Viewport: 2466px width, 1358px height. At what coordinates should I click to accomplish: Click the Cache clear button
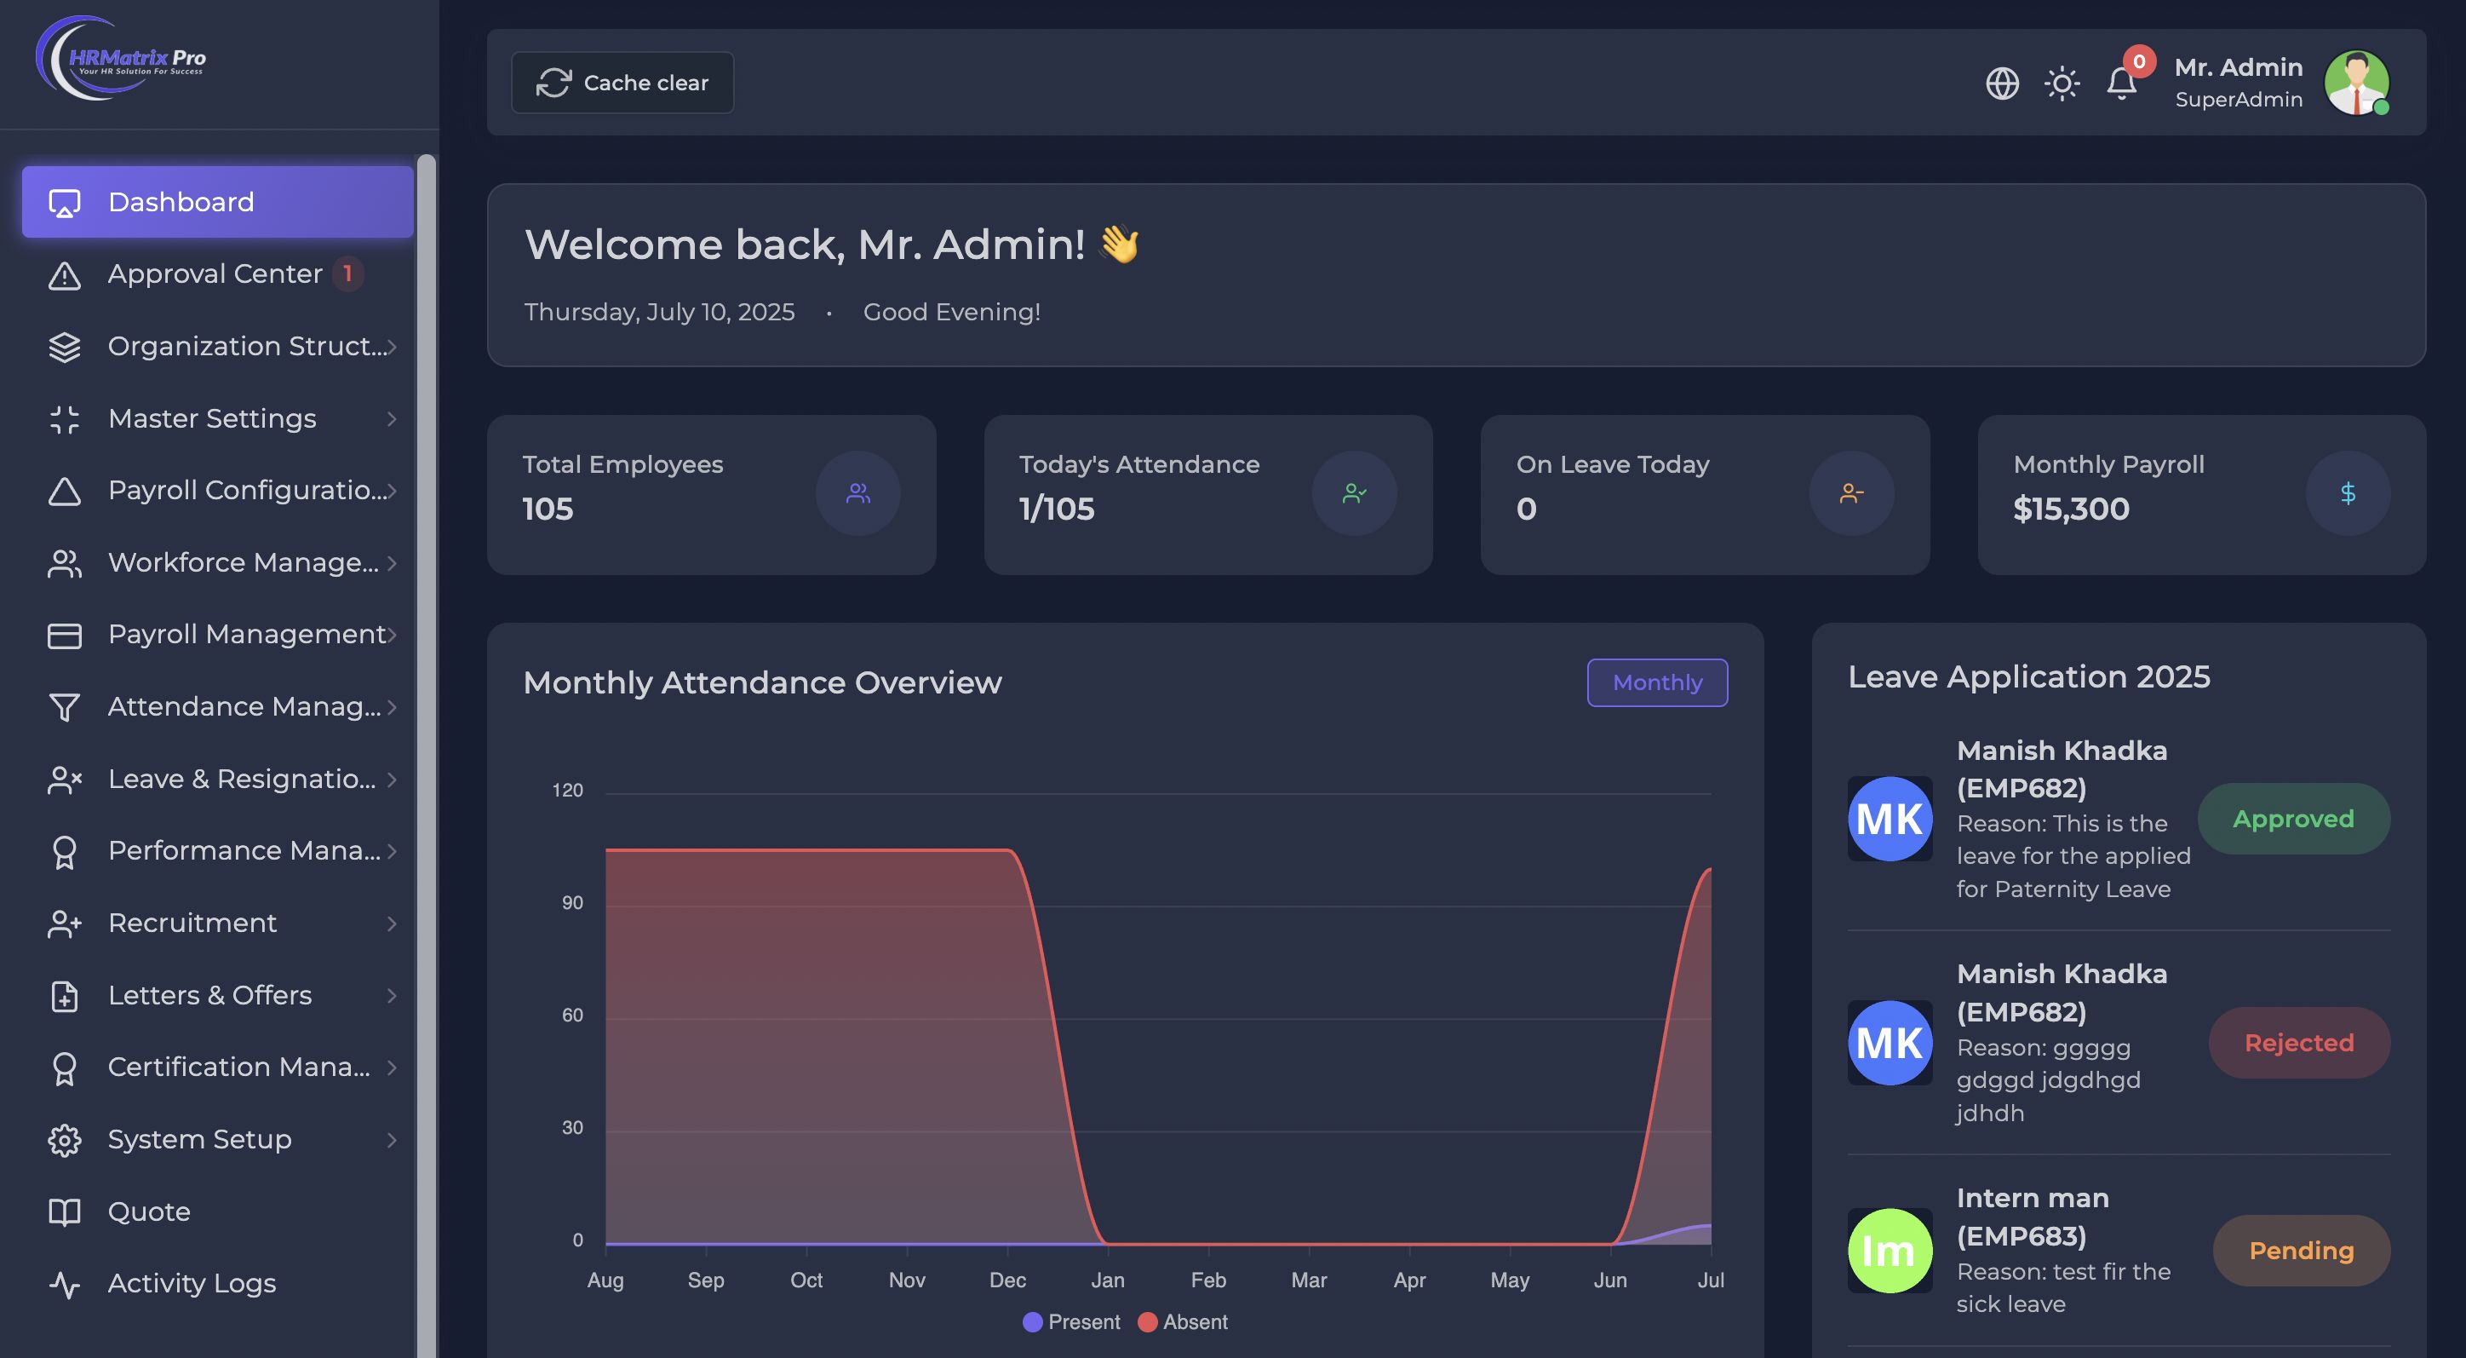622,83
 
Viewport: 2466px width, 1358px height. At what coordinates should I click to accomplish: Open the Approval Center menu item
215,273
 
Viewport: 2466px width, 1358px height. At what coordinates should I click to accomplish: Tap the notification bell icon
2121,84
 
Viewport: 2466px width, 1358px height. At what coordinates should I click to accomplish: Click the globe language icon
2002,83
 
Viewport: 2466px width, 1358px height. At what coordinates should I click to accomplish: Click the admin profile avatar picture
2356,83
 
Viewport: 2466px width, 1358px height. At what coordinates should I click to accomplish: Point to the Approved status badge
2293,819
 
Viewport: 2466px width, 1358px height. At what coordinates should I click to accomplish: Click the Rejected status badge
2298,1043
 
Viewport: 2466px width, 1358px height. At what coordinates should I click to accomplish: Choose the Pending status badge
2301,1251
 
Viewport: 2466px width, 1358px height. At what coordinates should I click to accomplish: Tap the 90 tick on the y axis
572,903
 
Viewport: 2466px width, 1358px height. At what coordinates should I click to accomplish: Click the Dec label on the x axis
1007,1280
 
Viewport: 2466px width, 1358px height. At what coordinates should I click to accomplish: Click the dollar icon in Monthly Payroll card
2348,493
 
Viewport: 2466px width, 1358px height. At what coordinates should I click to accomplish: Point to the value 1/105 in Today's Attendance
1056,509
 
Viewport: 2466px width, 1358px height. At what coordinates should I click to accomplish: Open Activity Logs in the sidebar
192,1283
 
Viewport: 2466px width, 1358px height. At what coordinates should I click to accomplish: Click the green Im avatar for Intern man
1889,1251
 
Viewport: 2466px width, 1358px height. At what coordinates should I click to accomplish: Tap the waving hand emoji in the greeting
1119,245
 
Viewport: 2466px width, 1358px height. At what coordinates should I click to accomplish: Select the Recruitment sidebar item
192,924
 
